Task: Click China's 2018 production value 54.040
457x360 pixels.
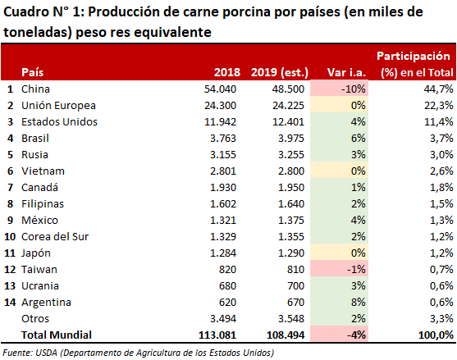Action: click(220, 89)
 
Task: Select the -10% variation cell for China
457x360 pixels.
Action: click(339, 89)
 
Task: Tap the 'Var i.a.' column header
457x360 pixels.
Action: click(346, 72)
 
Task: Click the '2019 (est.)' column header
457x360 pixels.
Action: click(280, 72)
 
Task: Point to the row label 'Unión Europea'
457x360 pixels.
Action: click(58, 105)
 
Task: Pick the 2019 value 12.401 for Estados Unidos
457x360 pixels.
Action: click(288, 121)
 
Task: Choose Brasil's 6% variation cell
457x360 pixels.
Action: click(339, 138)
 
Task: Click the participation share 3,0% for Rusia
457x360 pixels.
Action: click(441, 154)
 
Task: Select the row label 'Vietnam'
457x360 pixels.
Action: click(43, 171)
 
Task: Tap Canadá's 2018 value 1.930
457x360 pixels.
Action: click(223, 187)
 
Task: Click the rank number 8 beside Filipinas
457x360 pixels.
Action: click(10, 204)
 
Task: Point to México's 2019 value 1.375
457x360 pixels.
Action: click(291, 221)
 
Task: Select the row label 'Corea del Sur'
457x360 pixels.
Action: click(55, 236)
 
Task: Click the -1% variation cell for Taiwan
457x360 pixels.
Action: click(339, 269)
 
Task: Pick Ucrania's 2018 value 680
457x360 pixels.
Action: click(227, 285)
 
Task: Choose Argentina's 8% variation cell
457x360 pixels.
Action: click(339, 302)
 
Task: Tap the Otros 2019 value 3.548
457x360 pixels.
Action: click(291, 319)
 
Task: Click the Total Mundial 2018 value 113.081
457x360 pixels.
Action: click(217, 335)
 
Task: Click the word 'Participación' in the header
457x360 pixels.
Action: click(414, 56)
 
